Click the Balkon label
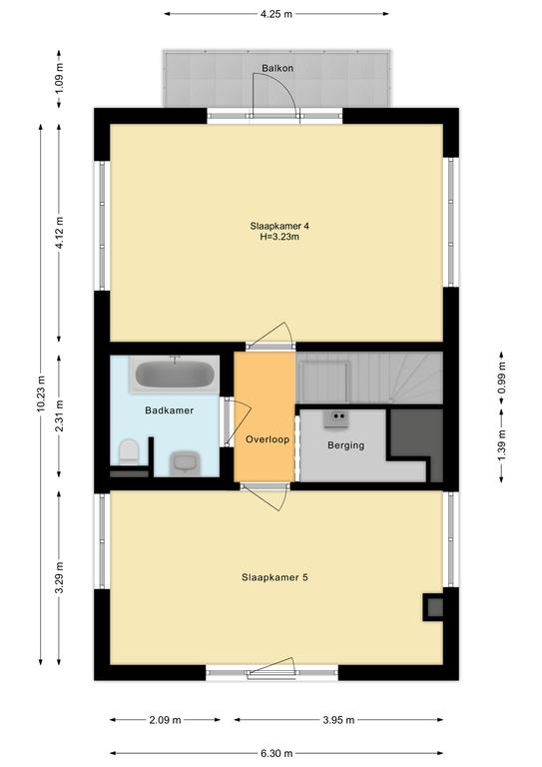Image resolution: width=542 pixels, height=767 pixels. click(x=277, y=68)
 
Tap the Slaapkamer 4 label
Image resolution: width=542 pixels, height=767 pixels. click(x=279, y=226)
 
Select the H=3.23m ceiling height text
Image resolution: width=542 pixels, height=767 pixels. click(x=279, y=238)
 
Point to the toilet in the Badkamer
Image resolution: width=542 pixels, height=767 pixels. click(x=129, y=451)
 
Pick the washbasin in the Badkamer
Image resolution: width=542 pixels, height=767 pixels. click(x=186, y=462)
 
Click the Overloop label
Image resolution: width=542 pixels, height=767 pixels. click(x=268, y=439)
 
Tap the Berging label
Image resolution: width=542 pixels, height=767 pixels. click(x=346, y=445)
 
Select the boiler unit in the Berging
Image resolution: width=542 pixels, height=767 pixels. click(x=336, y=419)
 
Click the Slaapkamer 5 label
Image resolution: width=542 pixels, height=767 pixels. click(x=274, y=577)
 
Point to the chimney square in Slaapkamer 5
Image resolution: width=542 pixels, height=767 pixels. click(x=434, y=607)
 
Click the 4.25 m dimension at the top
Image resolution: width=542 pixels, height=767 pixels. click(x=276, y=14)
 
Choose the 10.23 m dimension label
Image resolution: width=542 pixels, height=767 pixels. click(x=41, y=394)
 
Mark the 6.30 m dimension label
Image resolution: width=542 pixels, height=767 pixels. click(x=276, y=753)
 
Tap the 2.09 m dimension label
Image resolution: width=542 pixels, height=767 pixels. click(x=165, y=720)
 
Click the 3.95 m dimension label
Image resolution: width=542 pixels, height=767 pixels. click(x=338, y=720)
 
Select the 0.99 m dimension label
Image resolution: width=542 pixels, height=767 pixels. click(x=501, y=378)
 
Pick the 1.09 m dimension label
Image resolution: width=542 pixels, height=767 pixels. click(x=59, y=78)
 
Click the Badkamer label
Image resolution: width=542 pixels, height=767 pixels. click(x=169, y=410)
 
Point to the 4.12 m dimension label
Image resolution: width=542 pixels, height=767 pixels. click(x=59, y=233)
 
